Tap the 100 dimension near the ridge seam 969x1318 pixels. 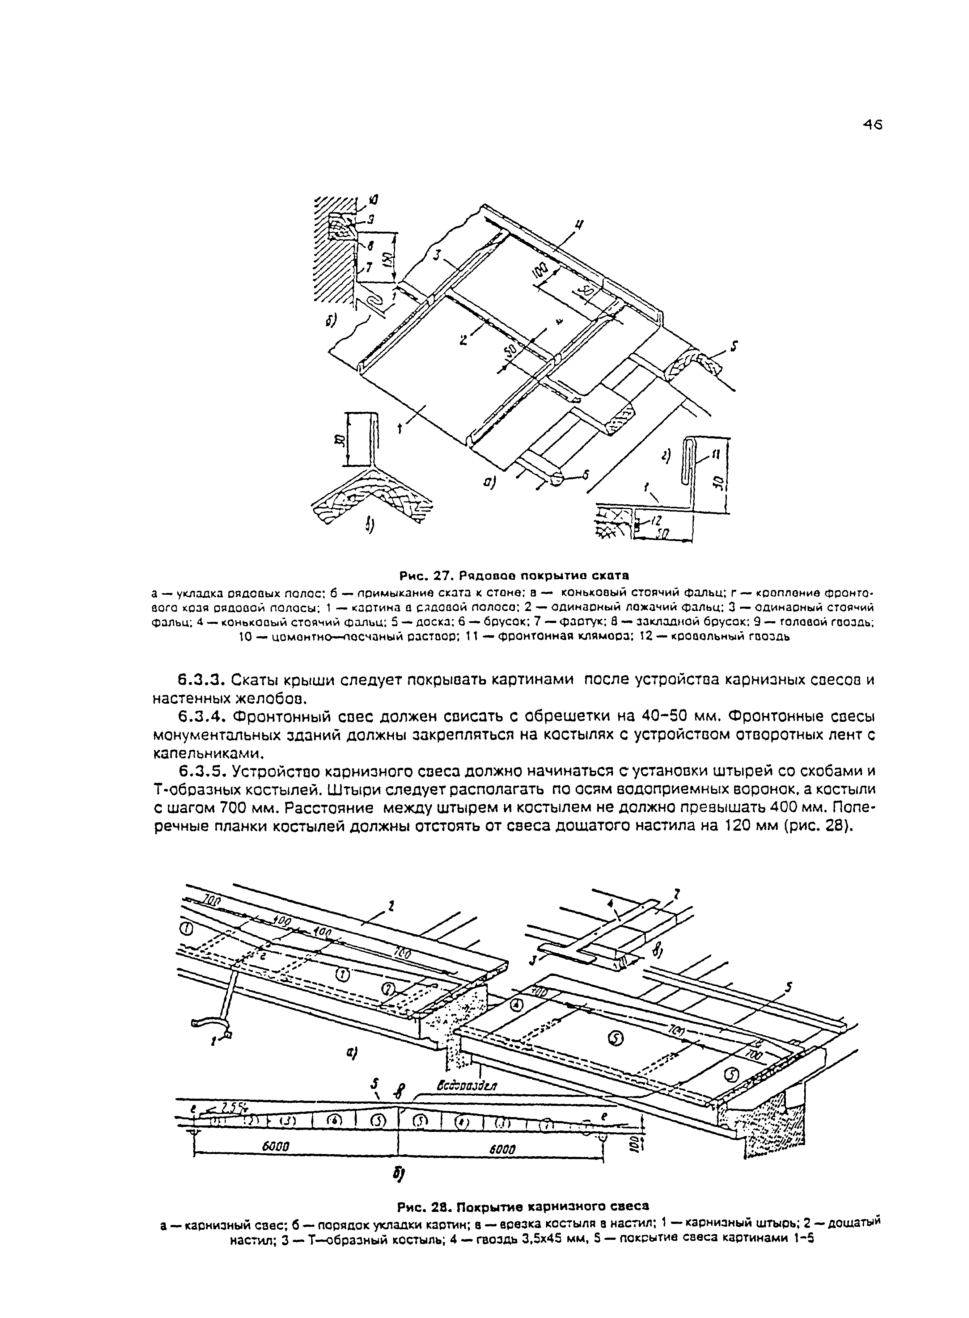542,271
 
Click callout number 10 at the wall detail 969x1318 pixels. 374,201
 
